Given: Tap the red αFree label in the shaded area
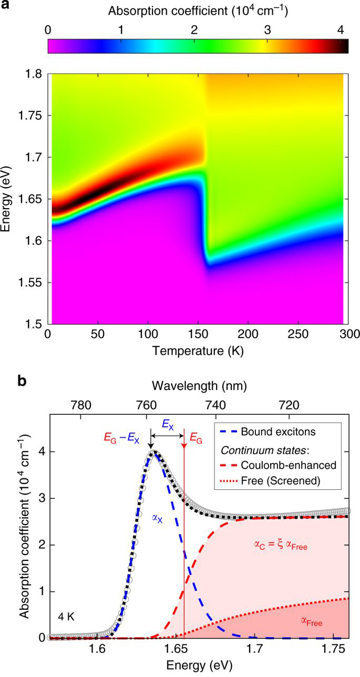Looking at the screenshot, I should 311,622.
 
